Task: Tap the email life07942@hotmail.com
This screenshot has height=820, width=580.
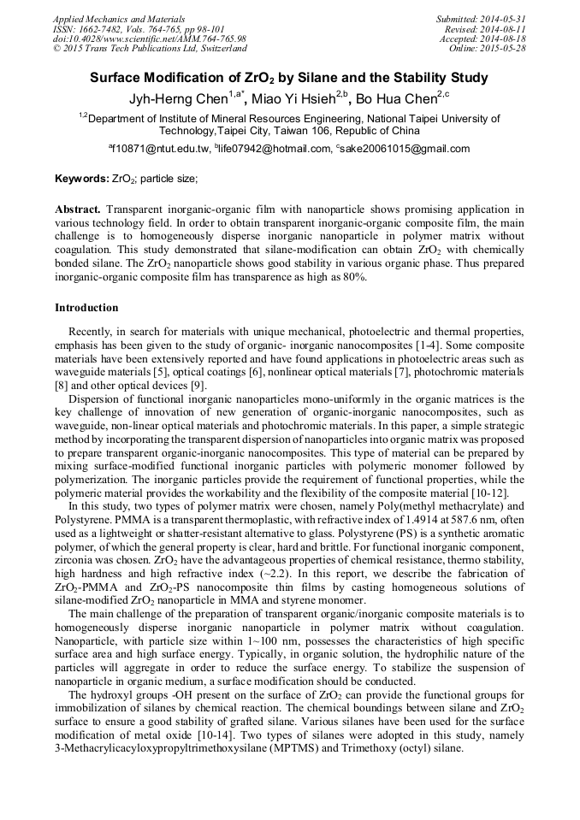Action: [273, 149]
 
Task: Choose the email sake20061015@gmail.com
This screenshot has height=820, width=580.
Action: [405, 149]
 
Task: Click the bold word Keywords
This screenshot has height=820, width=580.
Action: [81, 179]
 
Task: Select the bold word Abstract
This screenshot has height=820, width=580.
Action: [78, 209]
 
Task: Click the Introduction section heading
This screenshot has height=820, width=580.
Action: [86, 307]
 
